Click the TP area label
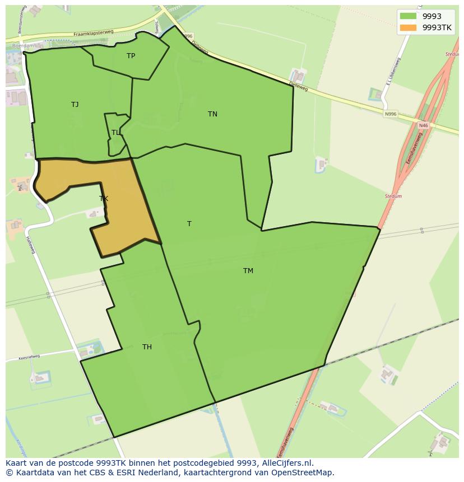[x=131, y=55]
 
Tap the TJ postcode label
[x=75, y=104]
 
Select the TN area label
[x=212, y=114]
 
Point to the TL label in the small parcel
[x=115, y=133]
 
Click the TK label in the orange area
[x=104, y=198]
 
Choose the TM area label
[x=248, y=271]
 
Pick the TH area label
[x=147, y=347]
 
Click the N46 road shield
[x=423, y=126]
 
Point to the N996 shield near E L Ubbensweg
[x=391, y=114]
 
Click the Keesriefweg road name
[x=29, y=357]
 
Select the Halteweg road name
[x=31, y=245]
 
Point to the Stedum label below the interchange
[x=393, y=196]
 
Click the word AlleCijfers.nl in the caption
[x=287, y=463]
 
